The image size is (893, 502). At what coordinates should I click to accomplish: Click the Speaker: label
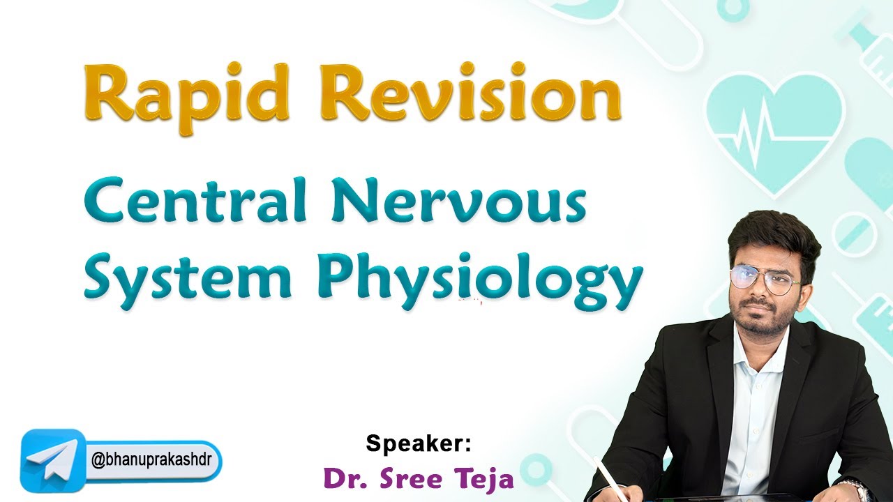pyautogui.click(x=419, y=443)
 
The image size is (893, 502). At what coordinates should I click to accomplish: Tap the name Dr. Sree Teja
pyautogui.click(x=419, y=479)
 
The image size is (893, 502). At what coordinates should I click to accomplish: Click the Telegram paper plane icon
pyautogui.click(x=52, y=460)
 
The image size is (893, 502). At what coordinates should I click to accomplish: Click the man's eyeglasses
pyautogui.click(x=765, y=279)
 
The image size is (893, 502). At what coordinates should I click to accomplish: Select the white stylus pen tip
pyautogui.click(x=599, y=462)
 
